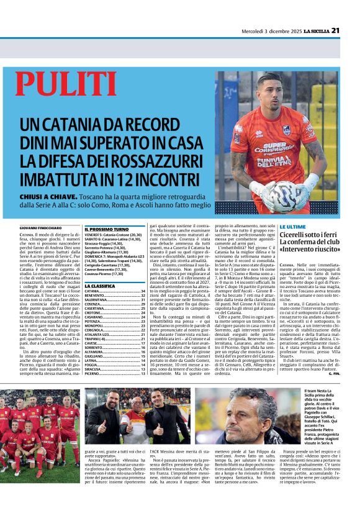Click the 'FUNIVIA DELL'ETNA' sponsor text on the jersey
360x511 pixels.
point(274,162)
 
